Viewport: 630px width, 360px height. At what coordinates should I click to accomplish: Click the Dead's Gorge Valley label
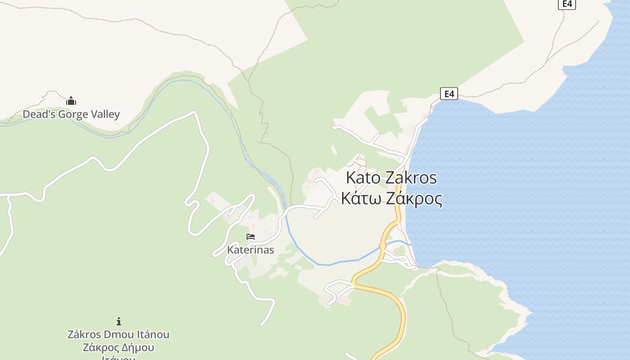point(71,114)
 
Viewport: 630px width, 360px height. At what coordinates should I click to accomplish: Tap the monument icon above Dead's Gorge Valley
point(71,101)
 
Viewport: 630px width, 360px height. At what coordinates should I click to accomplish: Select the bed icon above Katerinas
point(251,236)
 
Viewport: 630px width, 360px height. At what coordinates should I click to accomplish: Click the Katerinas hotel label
point(251,250)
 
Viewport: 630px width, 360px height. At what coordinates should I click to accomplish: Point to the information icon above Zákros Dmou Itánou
point(119,321)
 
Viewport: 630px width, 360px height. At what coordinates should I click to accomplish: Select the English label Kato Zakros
point(391,178)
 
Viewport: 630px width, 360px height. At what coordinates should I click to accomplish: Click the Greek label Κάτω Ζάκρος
point(391,198)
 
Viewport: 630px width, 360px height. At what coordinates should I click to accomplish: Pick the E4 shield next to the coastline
point(449,94)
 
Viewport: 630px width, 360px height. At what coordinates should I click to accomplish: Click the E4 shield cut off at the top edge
point(567,4)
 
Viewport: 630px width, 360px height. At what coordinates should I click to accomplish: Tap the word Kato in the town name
point(363,178)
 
